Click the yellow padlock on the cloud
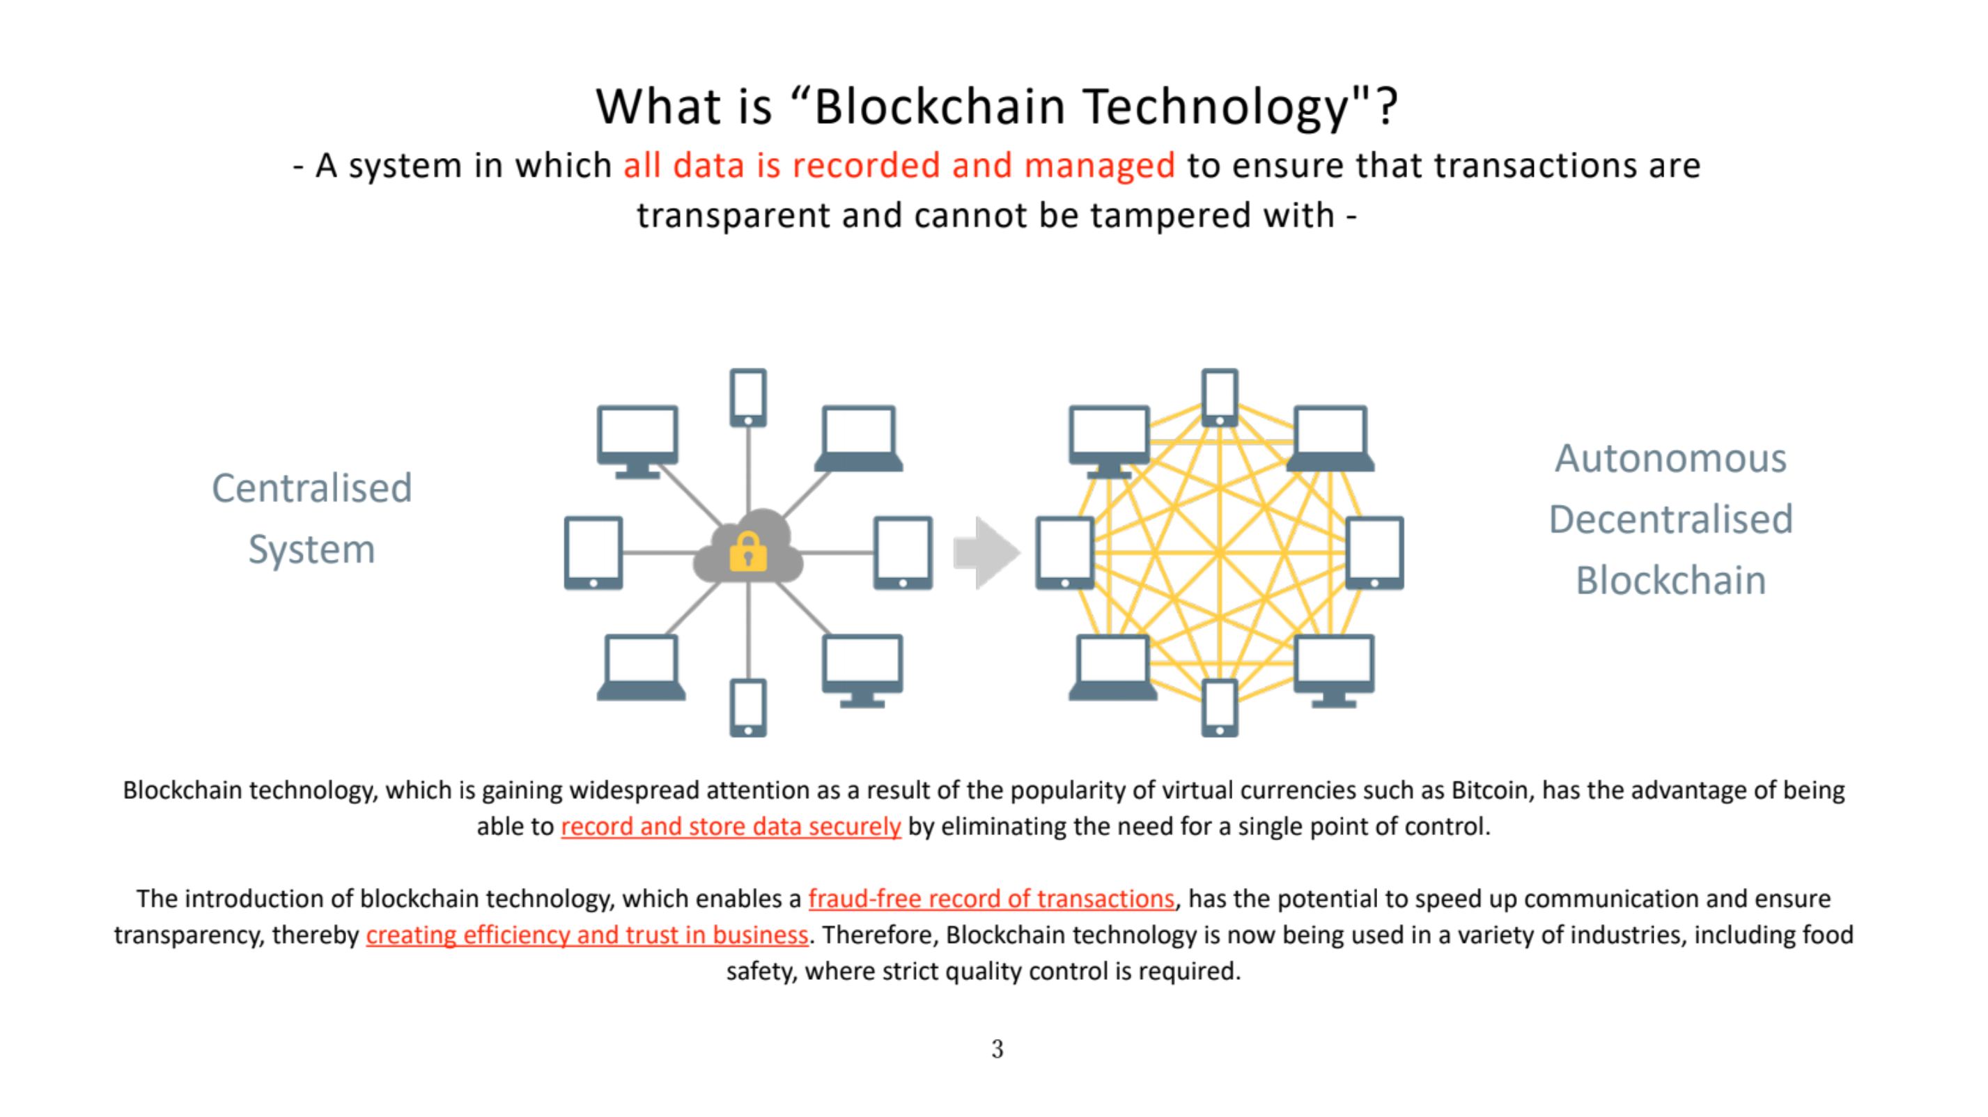748,552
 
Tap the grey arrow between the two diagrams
987,552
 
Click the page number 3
997,1049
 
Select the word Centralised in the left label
312,488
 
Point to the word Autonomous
1670,459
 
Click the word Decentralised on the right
1671,520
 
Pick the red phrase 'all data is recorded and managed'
899,165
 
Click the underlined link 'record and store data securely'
731,827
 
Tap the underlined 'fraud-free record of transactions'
991,899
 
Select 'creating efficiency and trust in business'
587,935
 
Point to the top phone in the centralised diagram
748,397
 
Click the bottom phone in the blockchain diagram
1220,708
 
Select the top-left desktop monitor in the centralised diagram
637,442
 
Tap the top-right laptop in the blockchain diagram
1330,438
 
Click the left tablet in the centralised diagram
593,552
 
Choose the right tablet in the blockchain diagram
1374,552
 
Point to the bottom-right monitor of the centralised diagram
862,671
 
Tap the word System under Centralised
312,550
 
